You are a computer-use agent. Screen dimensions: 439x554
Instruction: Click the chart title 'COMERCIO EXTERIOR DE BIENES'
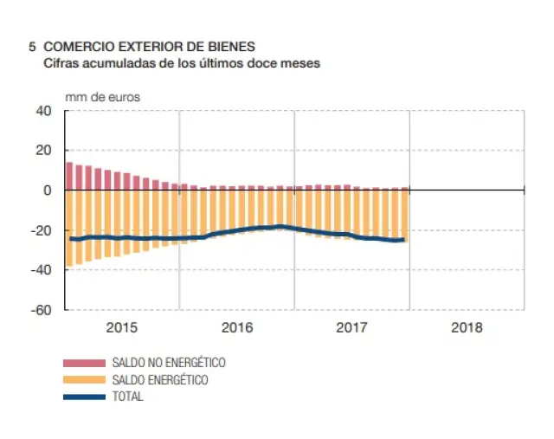pyautogui.click(x=149, y=46)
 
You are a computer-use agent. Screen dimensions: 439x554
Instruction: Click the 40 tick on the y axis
pyautogui.click(x=44, y=111)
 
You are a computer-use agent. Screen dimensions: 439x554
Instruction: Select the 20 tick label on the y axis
pyautogui.click(x=44, y=151)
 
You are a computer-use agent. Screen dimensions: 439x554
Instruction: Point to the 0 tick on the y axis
pyautogui.click(x=48, y=190)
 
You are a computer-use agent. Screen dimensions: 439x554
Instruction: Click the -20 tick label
pyautogui.click(x=42, y=230)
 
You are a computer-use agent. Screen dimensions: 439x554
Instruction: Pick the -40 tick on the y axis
pyautogui.click(x=42, y=269)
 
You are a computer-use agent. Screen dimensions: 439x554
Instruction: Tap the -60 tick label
pyautogui.click(x=42, y=309)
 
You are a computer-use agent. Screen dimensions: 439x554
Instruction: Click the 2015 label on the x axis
pyautogui.click(x=122, y=328)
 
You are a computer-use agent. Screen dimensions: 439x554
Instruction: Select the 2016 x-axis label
pyautogui.click(x=237, y=328)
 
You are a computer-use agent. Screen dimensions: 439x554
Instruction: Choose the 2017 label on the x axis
pyautogui.click(x=352, y=328)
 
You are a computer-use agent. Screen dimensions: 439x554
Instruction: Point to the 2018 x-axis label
pyautogui.click(x=467, y=328)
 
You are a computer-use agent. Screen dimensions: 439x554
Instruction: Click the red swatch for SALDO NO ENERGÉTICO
pyautogui.click(x=84, y=364)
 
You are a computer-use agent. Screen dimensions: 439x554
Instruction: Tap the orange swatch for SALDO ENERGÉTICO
pyautogui.click(x=84, y=380)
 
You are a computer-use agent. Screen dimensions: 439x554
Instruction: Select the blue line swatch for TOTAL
pyautogui.click(x=84, y=397)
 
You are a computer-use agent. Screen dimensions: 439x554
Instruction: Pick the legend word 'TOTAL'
pyautogui.click(x=128, y=397)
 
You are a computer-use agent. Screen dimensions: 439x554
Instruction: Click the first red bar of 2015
pyautogui.click(x=69, y=176)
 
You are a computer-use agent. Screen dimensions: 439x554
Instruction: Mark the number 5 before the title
pyautogui.click(x=32, y=46)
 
